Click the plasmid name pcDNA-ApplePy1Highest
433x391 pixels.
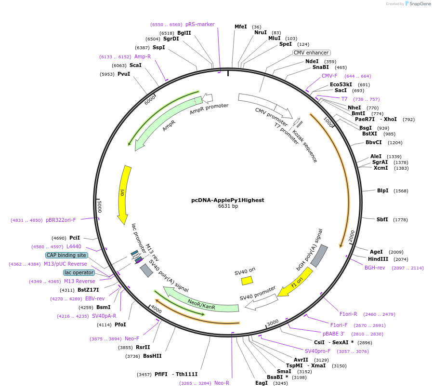click(x=227, y=200)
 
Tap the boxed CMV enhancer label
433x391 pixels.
click(x=312, y=53)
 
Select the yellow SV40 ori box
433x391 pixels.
click(x=247, y=280)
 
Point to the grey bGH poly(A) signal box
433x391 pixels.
click(x=319, y=256)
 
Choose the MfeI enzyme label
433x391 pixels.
click(x=240, y=27)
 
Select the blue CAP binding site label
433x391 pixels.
click(x=66, y=255)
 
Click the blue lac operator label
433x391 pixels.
click(x=79, y=273)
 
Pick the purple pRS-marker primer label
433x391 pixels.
click(x=200, y=24)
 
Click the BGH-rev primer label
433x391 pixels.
click(x=375, y=268)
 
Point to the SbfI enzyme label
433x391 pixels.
click(x=382, y=219)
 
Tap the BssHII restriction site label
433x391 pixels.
click(x=152, y=356)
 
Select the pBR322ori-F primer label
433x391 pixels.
click(x=61, y=220)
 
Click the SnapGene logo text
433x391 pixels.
click(x=419, y=4)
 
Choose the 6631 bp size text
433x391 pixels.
click(x=228, y=206)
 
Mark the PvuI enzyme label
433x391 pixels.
click(x=124, y=74)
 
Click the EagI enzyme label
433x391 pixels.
click(x=262, y=383)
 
